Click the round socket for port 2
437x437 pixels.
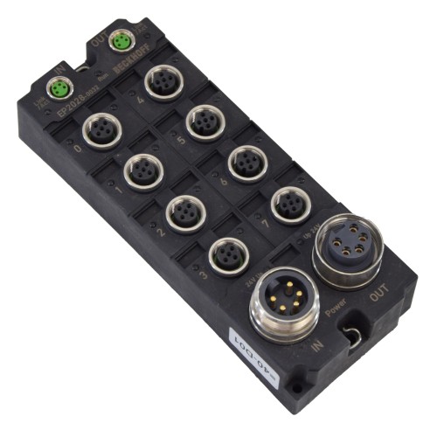[x=182, y=211]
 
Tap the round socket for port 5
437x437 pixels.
[x=203, y=120]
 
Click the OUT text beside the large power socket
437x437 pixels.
[x=381, y=301]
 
